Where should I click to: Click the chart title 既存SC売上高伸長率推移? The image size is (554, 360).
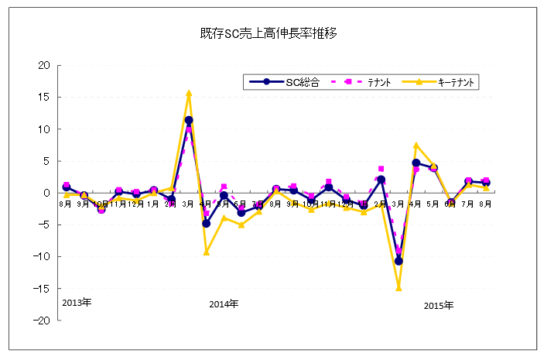click(x=267, y=34)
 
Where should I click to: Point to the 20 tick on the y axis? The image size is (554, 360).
click(x=44, y=65)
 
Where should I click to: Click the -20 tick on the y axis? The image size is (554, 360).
click(x=42, y=321)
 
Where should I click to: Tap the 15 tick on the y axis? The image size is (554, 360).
click(x=44, y=97)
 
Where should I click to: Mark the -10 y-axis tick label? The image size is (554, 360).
click(x=42, y=257)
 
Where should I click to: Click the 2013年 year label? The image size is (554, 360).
click(x=77, y=302)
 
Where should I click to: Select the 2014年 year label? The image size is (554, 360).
click(x=224, y=303)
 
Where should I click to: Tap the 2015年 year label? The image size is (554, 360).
click(x=439, y=304)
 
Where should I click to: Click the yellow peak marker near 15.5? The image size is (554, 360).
click(x=189, y=93)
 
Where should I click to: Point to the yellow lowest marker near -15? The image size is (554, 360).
click(x=399, y=287)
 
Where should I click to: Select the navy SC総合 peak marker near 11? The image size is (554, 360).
click(x=189, y=120)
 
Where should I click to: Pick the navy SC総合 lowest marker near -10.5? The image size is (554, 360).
click(x=399, y=261)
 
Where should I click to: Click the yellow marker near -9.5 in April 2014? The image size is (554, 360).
click(x=207, y=252)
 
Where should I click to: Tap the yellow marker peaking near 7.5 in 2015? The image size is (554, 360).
click(x=416, y=145)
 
